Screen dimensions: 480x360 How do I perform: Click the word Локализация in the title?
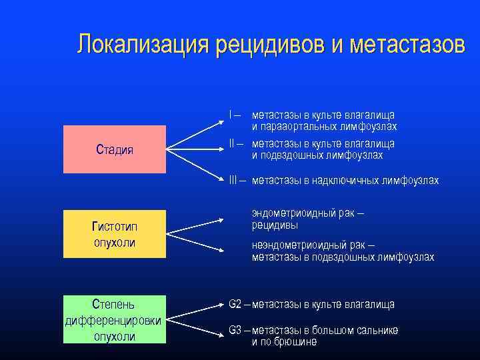[x=141, y=45]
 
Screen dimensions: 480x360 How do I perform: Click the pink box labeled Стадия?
[x=115, y=149]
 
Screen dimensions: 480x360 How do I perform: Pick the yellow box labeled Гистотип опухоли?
[x=115, y=234]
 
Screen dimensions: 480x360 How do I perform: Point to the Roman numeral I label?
[x=230, y=115]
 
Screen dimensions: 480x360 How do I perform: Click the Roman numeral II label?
[x=231, y=143]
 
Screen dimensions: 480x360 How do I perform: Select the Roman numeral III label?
[x=233, y=181]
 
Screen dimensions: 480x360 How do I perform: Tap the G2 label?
[x=235, y=304]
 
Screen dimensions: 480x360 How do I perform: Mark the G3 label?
[x=235, y=330]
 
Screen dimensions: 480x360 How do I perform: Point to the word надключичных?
[x=339, y=181]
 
